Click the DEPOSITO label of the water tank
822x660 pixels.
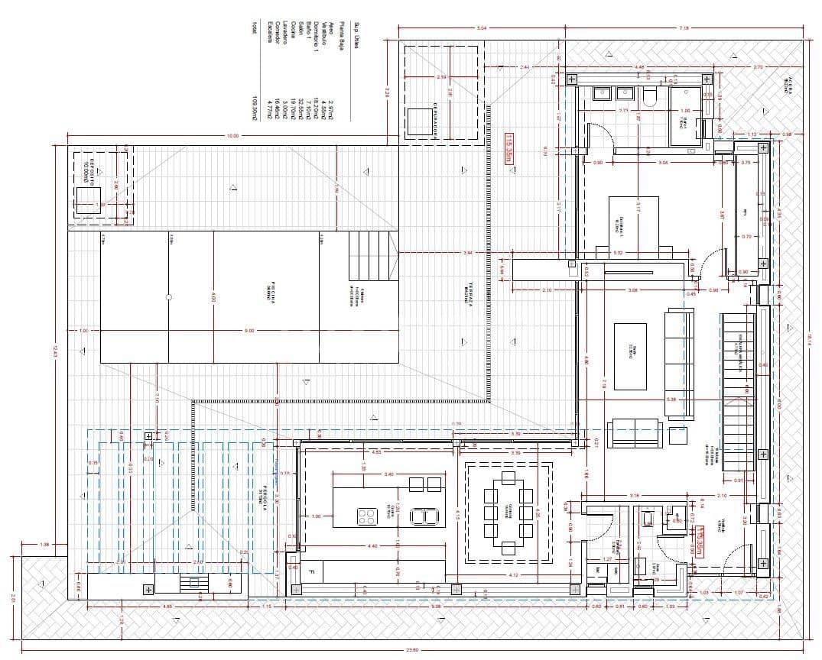coord(93,170)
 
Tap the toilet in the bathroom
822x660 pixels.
coord(651,95)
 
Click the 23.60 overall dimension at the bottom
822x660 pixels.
coord(412,650)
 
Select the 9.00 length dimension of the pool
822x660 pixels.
coord(249,331)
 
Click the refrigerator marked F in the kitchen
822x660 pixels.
coord(311,571)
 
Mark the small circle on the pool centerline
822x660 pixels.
coord(168,297)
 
